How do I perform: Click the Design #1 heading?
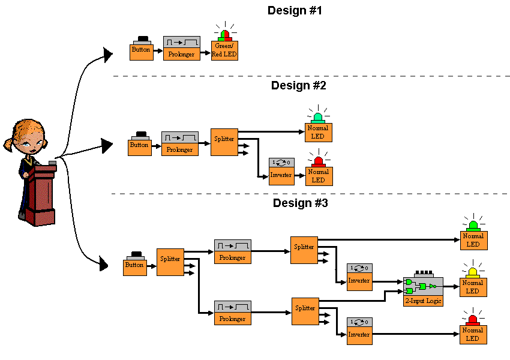tap(295, 10)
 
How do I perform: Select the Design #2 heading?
tap(298, 85)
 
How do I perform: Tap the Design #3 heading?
tap(300, 203)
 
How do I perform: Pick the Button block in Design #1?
tap(141, 50)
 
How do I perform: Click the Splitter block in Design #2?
tap(224, 142)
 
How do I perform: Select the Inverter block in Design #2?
tap(281, 172)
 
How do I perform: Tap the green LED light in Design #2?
tap(317, 118)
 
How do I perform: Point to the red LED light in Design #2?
tap(318, 161)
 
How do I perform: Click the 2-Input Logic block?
tap(423, 291)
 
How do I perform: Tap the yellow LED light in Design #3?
tap(473, 272)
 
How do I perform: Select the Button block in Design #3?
tap(135, 264)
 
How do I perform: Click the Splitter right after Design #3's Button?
tap(170, 262)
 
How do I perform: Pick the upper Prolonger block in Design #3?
tap(232, 252)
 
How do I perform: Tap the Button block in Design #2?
tap(139, 145)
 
